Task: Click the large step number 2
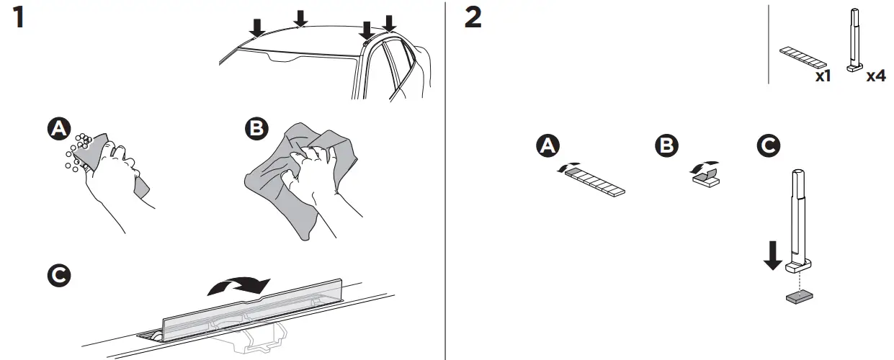click(473, 18)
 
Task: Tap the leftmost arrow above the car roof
click(256, 27)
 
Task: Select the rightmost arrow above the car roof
click(389, 23)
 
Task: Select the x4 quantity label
click(875, 76)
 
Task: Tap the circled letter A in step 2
click(549, 146)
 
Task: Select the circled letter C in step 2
click(768, 146)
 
